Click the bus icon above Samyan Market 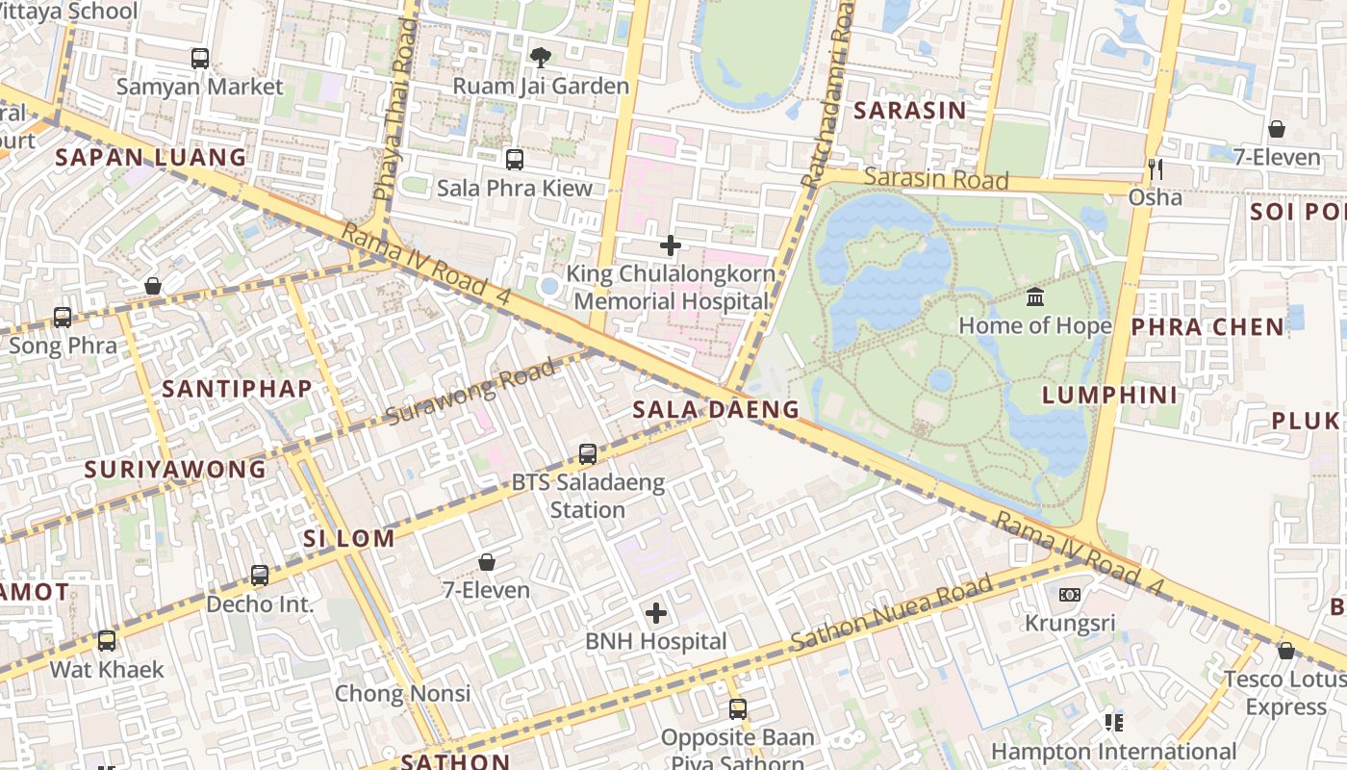(x=200, y=59)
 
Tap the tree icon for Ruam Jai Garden (x=541, y=58)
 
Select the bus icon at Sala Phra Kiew (x=515, y=160)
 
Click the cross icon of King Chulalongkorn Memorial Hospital (x=671, y=245)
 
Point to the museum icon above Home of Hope (x=1035, y=296)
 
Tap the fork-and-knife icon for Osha (x=1156, y=169)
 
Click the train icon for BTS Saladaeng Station (x=588, y=454)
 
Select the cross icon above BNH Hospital (x=656, y=613)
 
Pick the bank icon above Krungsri (x=1070, y=595)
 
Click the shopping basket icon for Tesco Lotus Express (x=1286, y=651)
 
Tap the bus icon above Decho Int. (x=260, y=576)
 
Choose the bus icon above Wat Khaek (x=107, y=640)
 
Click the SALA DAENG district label (x=716, y=410)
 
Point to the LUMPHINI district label (x=1109, y=395)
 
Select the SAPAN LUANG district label (x=151, y=158)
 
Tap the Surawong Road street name (x=470, y=392)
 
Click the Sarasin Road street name (x=936, y=179)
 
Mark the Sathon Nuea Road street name (x=891, y=613)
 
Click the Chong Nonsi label (x=402, y=693)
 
